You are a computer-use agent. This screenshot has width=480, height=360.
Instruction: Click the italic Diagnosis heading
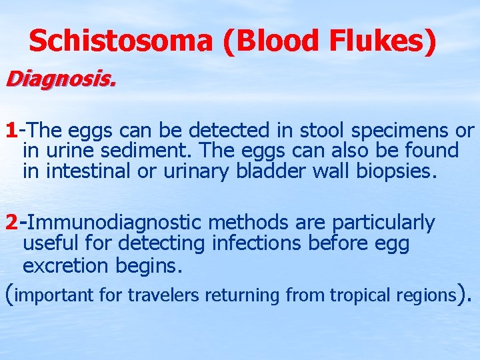[61, 81]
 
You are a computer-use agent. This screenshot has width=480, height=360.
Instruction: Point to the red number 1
[11, 129]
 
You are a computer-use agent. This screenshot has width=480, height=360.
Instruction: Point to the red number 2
[11, 221]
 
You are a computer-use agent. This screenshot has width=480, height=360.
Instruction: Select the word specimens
[387, 131]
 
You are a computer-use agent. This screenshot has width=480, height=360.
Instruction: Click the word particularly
[383, 223]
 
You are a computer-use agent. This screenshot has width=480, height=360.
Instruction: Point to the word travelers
[163, 294]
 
